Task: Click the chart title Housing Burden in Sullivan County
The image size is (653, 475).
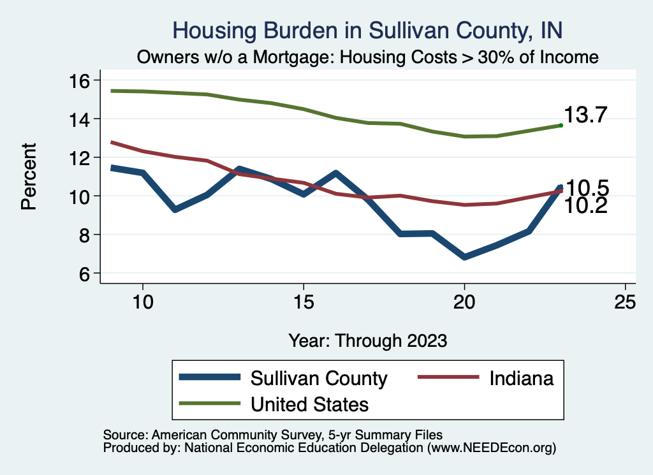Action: (368, 31)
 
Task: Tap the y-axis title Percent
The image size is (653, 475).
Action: (28, 177)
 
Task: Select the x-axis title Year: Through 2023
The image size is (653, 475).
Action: (367, 340)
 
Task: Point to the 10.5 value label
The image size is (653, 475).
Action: (588, 188)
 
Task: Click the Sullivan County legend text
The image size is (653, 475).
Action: (319, 378)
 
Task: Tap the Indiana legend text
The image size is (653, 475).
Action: (522, 378)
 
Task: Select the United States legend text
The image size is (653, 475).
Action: (309, 404)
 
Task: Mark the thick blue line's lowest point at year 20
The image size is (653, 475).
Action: (464, 257)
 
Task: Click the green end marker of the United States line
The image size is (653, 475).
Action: (561, 126)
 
